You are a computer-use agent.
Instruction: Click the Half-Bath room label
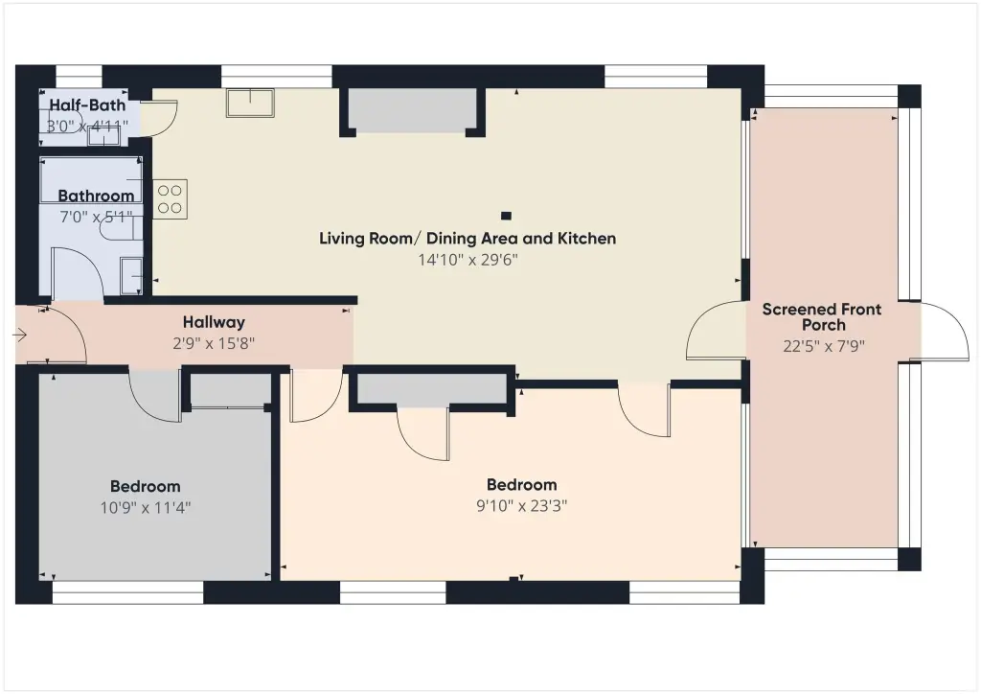(87, 105)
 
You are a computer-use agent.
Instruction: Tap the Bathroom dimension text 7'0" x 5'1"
(96, 218)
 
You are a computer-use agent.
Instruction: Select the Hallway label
(214, 322)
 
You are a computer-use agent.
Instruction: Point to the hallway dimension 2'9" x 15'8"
(214, 343)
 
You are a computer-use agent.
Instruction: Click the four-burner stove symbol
(171, 199)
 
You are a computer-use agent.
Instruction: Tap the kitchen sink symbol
(250, 103)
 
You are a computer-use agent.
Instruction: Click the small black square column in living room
(506, 216)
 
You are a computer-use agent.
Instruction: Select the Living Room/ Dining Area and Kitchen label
(468, 239)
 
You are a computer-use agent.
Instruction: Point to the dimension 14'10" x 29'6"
(468, 260)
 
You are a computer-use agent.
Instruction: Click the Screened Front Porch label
(822, 317)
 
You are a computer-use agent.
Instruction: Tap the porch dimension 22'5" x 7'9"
(824, 346)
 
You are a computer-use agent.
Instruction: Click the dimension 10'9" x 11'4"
(146, 507)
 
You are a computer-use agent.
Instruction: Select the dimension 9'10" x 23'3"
(522, 505)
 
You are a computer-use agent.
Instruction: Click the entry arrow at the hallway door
(19, 335)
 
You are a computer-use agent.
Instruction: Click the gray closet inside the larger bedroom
(432, 389)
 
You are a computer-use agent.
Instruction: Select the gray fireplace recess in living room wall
(413, 110)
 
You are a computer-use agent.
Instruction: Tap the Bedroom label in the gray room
(146, 486)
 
